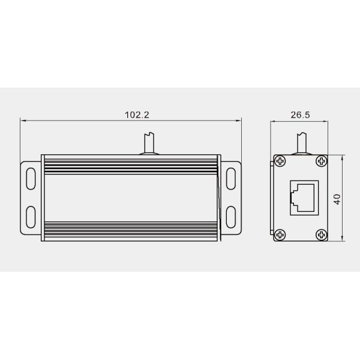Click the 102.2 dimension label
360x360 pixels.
click(137, 115)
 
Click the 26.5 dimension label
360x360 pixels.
click(301, 115)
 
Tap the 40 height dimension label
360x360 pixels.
click(337, 199)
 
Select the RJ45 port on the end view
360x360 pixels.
click(304, 197)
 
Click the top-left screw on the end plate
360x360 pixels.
click(280, 161)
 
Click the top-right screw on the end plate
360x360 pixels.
click(322, 161)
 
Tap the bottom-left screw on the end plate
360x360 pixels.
click(280, 235)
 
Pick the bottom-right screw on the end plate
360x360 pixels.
click(322, 235)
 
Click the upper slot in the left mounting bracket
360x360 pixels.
click(31, 179)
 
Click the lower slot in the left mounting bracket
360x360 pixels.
click(31, 217)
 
